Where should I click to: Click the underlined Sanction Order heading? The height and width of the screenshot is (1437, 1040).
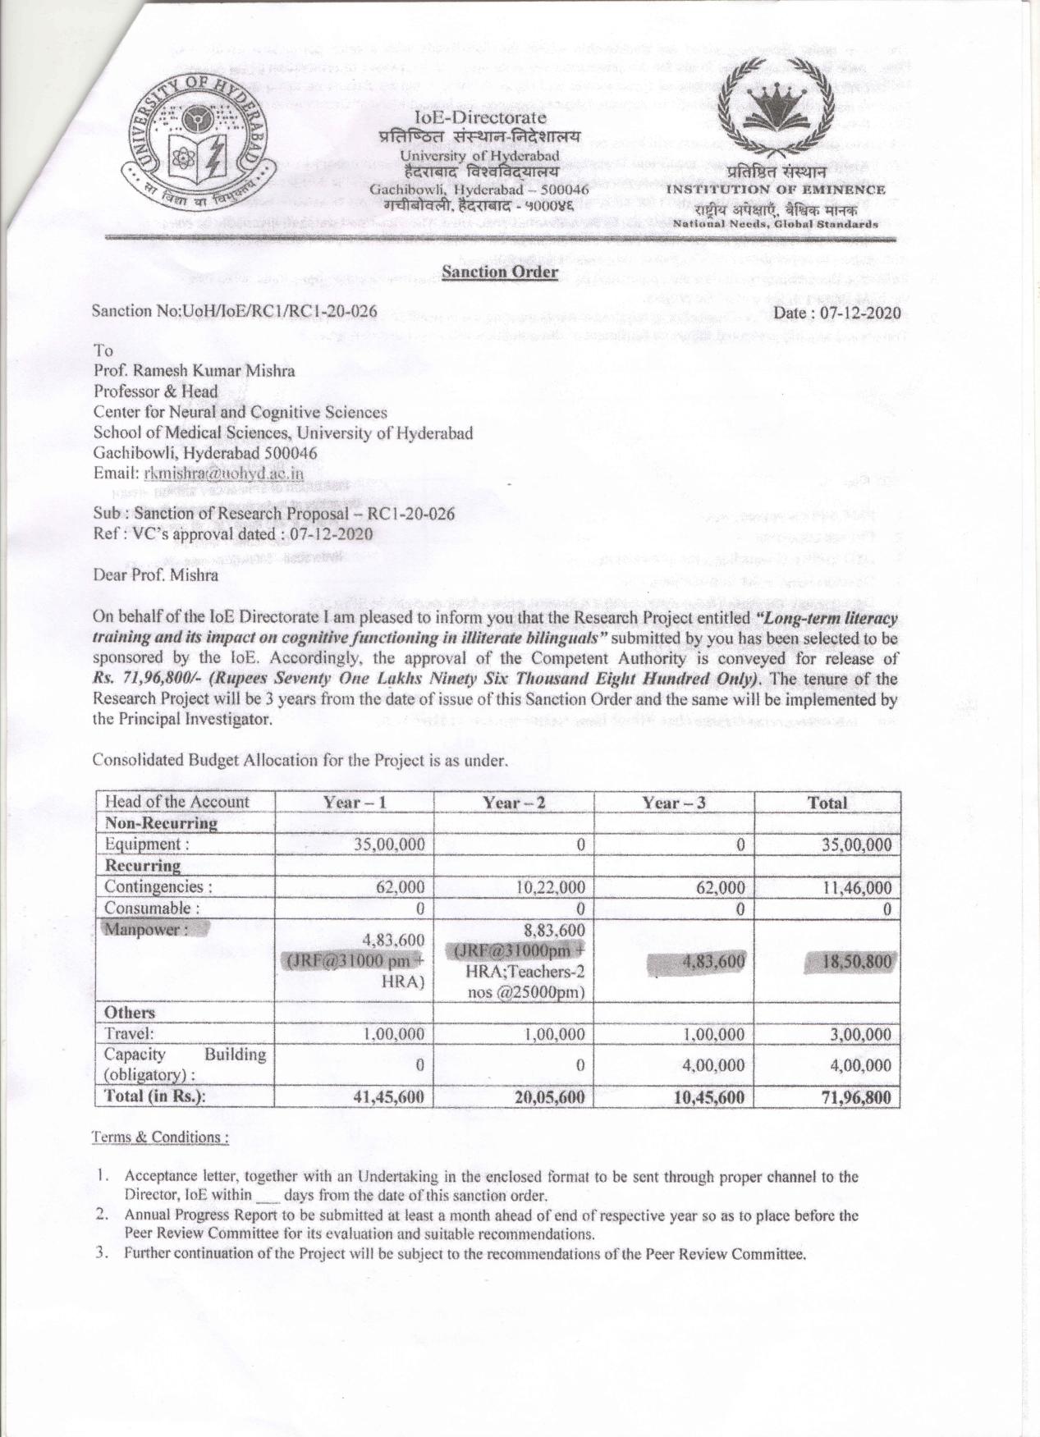pyautogui.click(x=500, y=272)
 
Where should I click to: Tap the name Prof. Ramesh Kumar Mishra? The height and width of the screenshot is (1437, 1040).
pyautogui.click(x=195, y=370)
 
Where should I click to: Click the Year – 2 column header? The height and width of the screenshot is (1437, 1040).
pyautogui.click(x=514, y=802)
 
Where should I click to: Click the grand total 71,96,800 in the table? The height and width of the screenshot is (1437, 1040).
pyautogui.click(x=856, y=1097)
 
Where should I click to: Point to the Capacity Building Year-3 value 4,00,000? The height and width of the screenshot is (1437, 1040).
pyautogui.click(x=712, y=1065)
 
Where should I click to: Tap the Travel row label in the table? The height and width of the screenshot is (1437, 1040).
pyautogui.click(x=130, y=1034)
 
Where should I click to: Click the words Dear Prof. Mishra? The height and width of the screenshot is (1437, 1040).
pyautogui.click(x=156, y=574)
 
